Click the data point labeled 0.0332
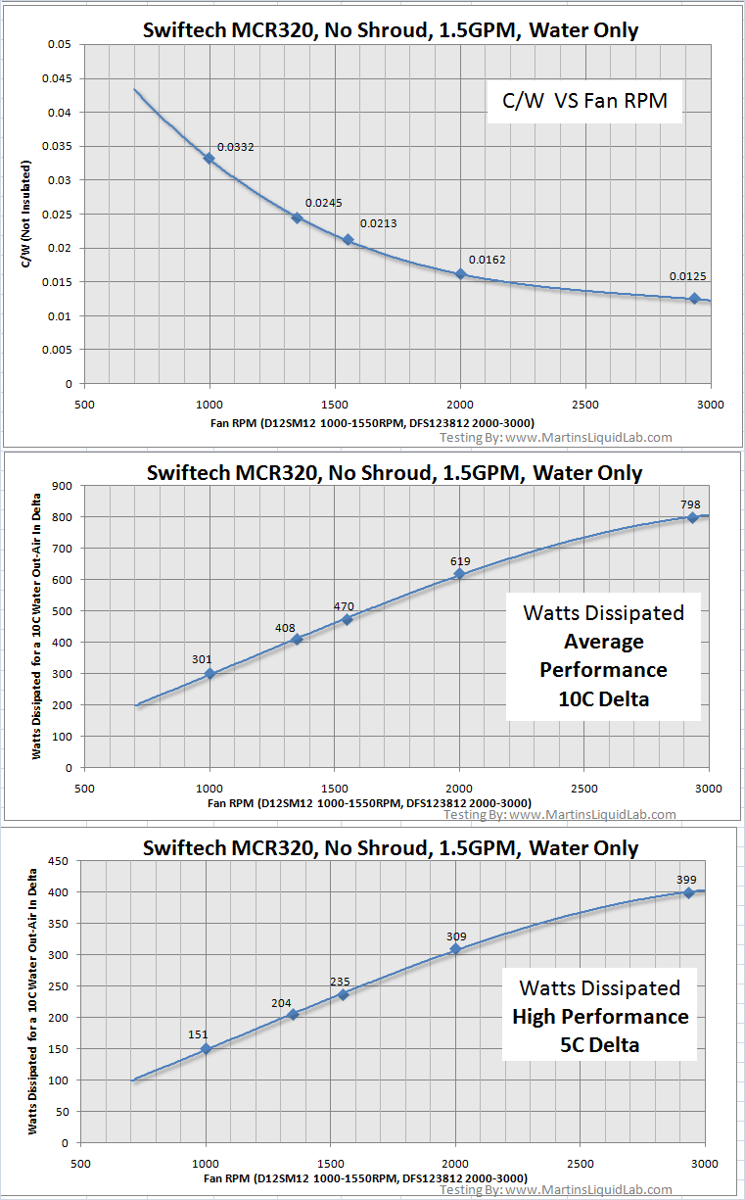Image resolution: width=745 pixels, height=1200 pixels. point(209,158)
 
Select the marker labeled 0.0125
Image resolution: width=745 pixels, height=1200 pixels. point(694,299)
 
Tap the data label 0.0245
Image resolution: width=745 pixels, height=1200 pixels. point(322,203)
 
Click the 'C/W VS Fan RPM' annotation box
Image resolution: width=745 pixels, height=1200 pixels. point(583,101)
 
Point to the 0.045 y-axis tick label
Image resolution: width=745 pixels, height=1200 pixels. point(59,78)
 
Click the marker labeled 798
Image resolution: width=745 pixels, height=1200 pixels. point(692,518)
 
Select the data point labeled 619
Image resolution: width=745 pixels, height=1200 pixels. point(460,574)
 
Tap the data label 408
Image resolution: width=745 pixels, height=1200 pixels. point(286,627)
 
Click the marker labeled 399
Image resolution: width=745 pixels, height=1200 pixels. point(689,892)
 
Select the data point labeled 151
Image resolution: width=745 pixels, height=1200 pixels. point(207,1048)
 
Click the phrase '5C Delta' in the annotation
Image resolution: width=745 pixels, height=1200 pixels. point(599,1045)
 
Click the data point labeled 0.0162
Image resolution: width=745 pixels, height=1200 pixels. point(460,274)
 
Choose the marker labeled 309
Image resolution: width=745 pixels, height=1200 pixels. point(455,948)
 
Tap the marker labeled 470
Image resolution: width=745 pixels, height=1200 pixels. point(347,619)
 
